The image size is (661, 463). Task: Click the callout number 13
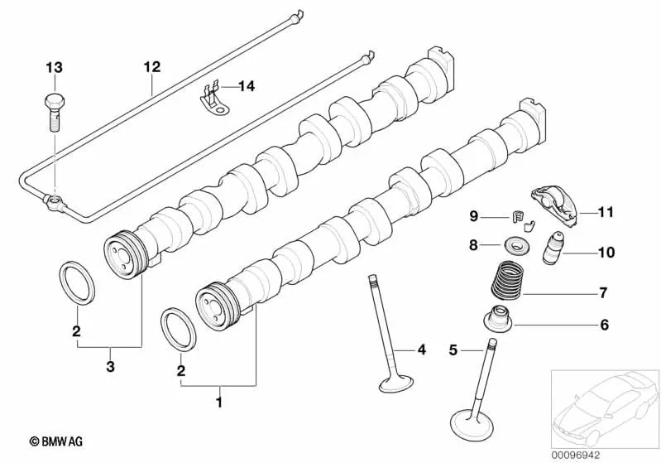53,66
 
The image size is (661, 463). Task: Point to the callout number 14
247,85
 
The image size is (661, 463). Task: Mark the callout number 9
474,217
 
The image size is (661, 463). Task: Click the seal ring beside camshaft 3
78,282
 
